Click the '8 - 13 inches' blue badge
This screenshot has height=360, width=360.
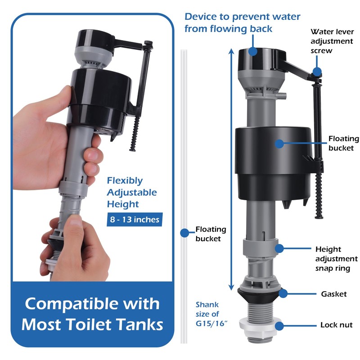click(135, 219)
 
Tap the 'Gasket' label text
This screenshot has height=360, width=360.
click(334, 294)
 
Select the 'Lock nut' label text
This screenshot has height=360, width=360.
click(336, 325)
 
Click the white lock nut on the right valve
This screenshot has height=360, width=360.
click(260, 325)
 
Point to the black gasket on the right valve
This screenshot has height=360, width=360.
click(260, 295)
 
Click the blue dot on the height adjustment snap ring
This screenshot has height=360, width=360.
click(279, 248)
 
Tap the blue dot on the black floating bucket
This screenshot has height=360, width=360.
click(279, 144)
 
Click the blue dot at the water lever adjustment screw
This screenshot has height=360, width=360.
click(317, 72)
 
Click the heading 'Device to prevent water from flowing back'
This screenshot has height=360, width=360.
click(242, 22)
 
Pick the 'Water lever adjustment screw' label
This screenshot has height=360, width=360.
click(332, 41)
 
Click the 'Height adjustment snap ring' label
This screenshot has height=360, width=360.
click(336, 259)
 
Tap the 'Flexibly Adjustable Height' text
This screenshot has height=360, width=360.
click(132, 193)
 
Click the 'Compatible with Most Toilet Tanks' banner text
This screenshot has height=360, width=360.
click(92, 314)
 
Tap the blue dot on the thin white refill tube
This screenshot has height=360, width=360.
click(184, 233)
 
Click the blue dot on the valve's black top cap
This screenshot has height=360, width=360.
click(253, 51)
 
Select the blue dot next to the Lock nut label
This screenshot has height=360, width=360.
click(279, 326)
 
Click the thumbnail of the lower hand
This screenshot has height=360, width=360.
click(75, 221)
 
